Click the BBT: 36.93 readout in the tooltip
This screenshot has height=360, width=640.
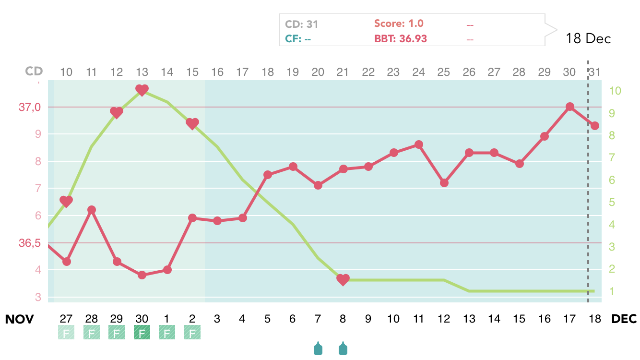coord(400,39)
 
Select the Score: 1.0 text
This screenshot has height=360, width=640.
coord(399,24)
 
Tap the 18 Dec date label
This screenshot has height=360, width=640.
coord(588,39)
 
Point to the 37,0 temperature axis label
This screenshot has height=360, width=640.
coord(30,108)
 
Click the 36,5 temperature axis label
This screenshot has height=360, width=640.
coord(30,243)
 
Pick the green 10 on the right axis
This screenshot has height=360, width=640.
coord(615,91)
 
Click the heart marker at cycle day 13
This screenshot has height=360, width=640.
coord(142,90)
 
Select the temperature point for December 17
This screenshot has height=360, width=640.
coord(569,107)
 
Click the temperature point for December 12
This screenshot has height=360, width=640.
coord(444,182)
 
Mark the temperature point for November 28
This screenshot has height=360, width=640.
coord(92,210)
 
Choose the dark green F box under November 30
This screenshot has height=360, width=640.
coord(142,332)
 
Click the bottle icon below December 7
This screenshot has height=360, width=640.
coord(318,348)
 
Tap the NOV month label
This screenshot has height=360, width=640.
coord(19,319)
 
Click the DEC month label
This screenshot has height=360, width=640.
coord(624,319)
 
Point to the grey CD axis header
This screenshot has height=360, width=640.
coord(34,72)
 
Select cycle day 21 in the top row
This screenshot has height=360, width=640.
coord(343,72)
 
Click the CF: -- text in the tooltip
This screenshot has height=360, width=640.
coord(298,39)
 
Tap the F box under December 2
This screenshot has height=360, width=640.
coord(192,332)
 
